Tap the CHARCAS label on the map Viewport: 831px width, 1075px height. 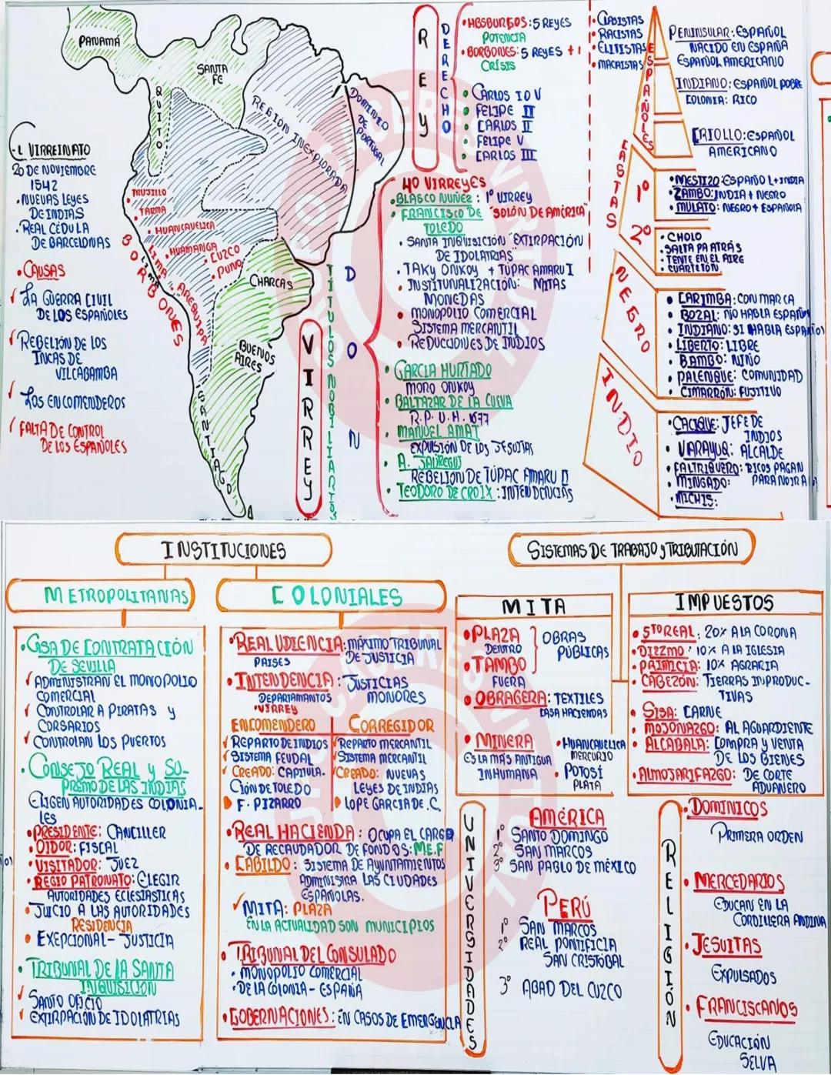(x=270, y=282)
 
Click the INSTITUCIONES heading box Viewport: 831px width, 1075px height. (x=224, y=550)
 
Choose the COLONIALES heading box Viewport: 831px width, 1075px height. (x=336, y=596)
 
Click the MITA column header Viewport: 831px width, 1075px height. (x=533, y=606)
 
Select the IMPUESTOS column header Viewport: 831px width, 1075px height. (x=723, y=603)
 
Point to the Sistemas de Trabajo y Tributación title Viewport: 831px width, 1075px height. (x=632, y=549)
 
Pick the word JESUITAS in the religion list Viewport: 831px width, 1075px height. (x=726, y=945)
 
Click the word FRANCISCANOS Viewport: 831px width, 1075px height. (x=746, y=1007)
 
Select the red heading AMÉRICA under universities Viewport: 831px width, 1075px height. (x=568, y=817)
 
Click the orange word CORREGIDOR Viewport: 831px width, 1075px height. (x=391, y=725)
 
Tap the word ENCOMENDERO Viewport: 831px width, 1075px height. (x=273, y=725)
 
